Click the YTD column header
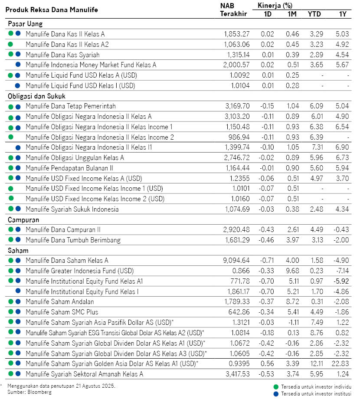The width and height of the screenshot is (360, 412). point(314,14)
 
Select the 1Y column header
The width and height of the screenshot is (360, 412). point(343,14)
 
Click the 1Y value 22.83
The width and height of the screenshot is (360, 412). point(340,363)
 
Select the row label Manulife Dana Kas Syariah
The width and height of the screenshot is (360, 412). point(62,55)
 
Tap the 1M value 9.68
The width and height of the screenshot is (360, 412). point(293,271)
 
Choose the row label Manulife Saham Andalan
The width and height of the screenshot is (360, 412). point(60,302)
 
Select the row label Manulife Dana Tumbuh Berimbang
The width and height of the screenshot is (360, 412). point(73,240)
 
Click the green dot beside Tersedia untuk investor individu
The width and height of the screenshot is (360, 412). point(276,386)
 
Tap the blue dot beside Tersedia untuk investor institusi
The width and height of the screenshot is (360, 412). point(276,394)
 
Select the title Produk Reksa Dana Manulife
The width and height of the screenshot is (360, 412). point(52,10)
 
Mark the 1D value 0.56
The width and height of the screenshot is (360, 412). point(268,363)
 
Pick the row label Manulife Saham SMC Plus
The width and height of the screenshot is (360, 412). point(62,312)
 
